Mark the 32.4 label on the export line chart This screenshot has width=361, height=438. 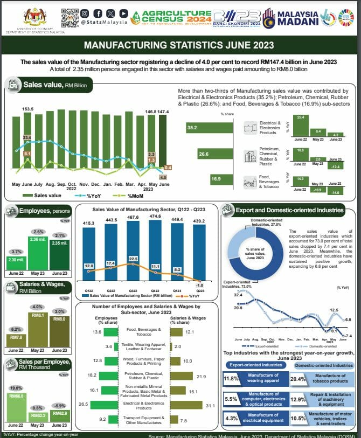coord(237,295)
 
